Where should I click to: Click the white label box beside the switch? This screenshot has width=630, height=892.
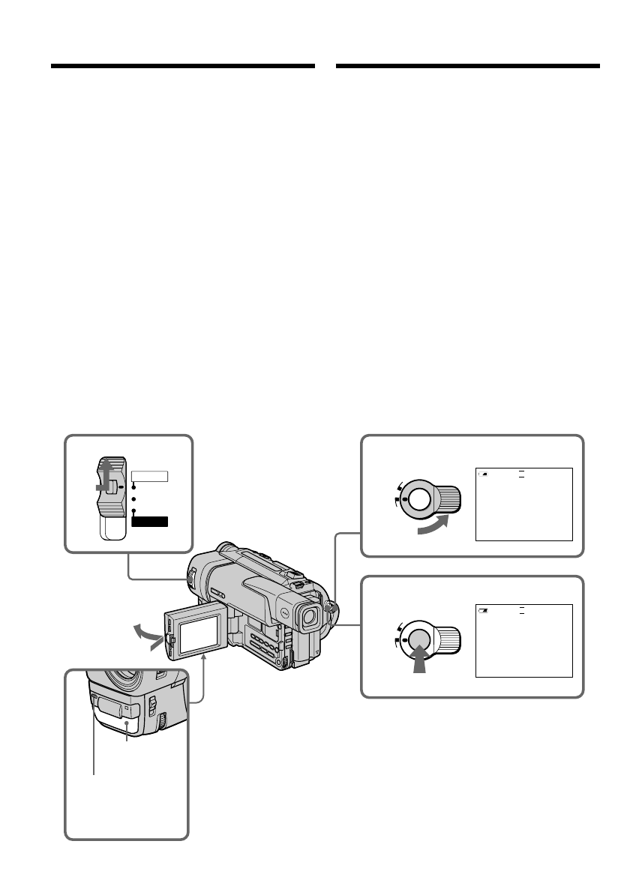pos(149,476)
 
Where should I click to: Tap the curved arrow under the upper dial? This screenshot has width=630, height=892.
pos(433,525)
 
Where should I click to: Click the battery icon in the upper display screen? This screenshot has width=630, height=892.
pos(484,474)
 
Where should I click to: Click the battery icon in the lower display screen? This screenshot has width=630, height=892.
pos(484,611)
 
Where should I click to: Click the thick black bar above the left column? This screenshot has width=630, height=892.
pos(182,66)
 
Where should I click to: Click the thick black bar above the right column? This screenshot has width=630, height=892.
pos(468,66)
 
